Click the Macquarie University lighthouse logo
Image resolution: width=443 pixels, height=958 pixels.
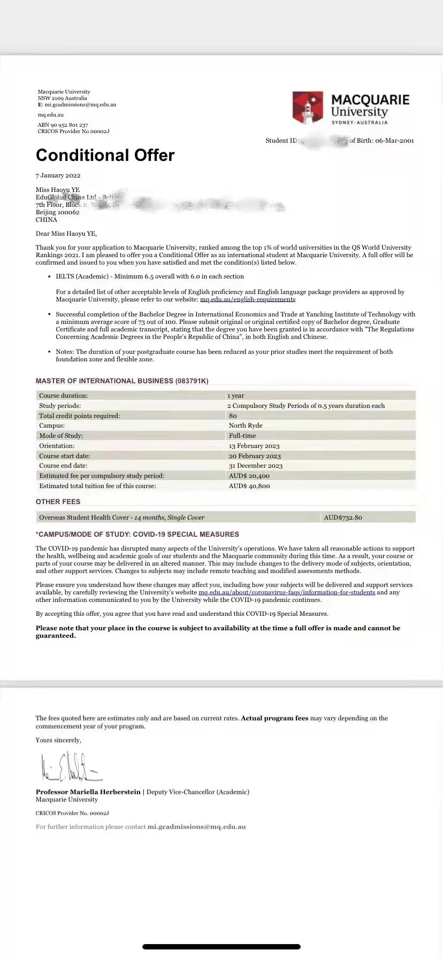point(308,107)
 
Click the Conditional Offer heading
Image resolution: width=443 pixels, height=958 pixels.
point(105,155)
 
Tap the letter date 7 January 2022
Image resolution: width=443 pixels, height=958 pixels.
point(58,175)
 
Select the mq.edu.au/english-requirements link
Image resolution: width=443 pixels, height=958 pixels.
point(248,299)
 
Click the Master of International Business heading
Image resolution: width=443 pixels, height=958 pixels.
point(122,381)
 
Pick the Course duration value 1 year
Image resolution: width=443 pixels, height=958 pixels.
point(235,396)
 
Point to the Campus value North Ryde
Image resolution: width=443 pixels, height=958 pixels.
point(246,426)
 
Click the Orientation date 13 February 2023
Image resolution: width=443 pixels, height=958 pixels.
point(254,446)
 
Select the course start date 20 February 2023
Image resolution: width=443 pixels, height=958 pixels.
point(255,456)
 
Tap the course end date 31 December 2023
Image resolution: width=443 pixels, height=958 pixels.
point(256,466)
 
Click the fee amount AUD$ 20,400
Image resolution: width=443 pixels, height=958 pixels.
point(249,476)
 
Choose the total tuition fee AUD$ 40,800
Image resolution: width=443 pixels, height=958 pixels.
point(249,486)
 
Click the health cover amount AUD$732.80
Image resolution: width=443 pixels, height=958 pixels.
point(343,517)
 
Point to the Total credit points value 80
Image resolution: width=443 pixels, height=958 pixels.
point(233,416)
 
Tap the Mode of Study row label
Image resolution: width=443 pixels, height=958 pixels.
point(60,436)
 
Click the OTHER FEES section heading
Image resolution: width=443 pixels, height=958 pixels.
point(58,501)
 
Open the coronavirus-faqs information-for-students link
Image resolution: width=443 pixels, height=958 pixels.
point(287,592)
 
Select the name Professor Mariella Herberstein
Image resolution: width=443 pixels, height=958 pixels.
point(88,792)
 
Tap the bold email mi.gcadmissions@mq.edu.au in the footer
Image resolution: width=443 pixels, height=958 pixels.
point(197,826)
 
